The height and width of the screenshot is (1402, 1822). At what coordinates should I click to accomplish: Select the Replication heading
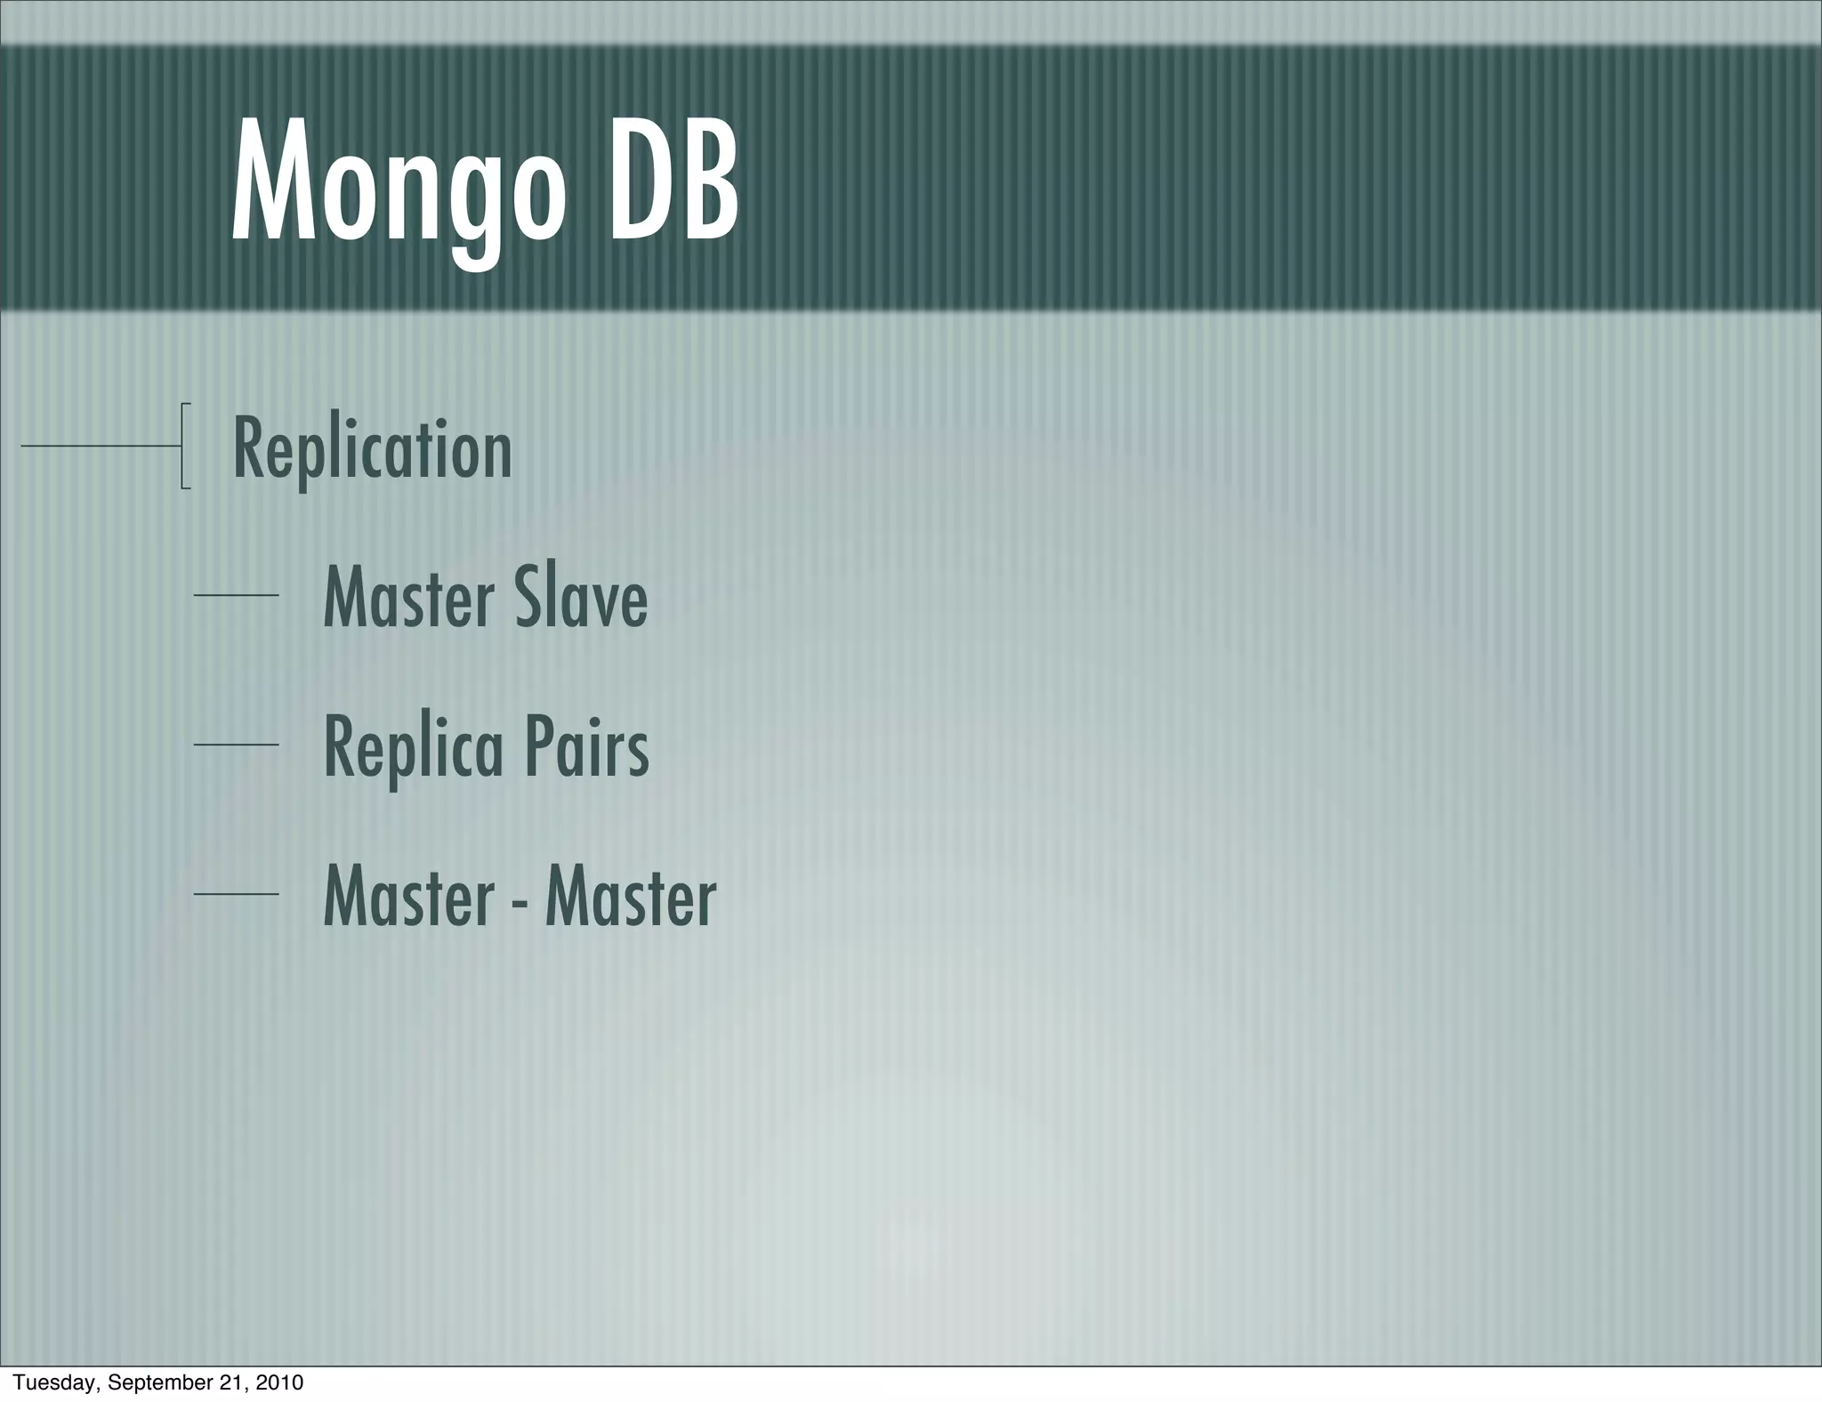[x=372, y=449]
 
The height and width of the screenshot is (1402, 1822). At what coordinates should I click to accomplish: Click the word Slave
[x=580, y=597]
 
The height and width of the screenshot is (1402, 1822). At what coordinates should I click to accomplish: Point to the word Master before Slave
[x=408, y=597]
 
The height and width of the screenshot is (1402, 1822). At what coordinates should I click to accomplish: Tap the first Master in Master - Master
[x=408, y=897]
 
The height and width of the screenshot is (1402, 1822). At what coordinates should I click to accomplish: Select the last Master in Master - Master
[x=630, y=897]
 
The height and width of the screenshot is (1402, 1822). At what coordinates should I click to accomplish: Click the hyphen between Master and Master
[x=519, y=902]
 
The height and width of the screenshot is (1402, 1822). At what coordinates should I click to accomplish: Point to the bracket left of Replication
[x=184, y=446]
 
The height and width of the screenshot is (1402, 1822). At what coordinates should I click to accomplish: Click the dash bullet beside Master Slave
[x=236, y=595]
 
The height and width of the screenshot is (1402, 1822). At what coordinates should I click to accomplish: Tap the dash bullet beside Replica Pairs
[x=236, y=745]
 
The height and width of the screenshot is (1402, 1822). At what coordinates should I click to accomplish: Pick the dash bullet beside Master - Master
[x=236, y=894]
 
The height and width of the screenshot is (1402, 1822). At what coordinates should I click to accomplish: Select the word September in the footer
[x=159, y=1382]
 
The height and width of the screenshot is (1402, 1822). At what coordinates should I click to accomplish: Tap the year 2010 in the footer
[x=279, y=1382]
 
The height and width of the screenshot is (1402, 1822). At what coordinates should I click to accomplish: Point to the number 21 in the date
[x=234, y=1382]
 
